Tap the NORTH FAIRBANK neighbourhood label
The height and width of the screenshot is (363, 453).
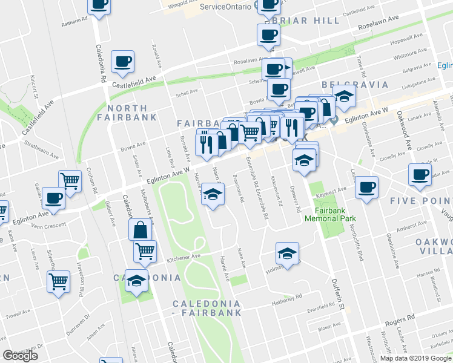coord(124,112)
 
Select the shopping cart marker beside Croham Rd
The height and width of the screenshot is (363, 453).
coord(70,180)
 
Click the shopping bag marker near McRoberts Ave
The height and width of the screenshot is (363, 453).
coord(140,230)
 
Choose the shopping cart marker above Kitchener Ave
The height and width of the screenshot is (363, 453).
coord(145,250)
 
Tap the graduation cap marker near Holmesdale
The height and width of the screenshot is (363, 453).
coord(288,252)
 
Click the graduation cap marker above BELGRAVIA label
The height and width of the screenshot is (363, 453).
coord(344,96)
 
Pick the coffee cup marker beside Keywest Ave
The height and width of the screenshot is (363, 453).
coord(366,186)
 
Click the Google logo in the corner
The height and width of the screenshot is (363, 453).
coord(20,356)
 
